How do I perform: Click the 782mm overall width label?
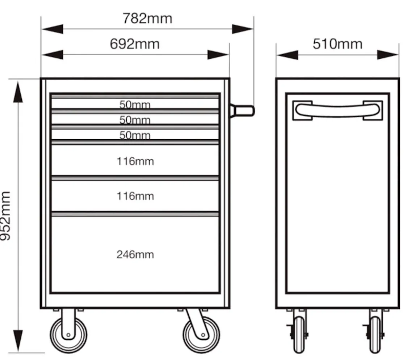coord(147,18)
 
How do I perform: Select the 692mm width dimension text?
coord(135,44)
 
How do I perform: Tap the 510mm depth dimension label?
coord(337,44)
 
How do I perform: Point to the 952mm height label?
coord(6,216)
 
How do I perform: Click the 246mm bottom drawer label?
coord(135,255)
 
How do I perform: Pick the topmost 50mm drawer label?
coord(135,105)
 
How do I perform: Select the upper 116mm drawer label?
coord(135,161)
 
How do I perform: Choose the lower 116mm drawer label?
coord(135,196)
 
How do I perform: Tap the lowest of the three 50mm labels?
coord(135,135)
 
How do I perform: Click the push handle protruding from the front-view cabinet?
coord(242,111)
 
